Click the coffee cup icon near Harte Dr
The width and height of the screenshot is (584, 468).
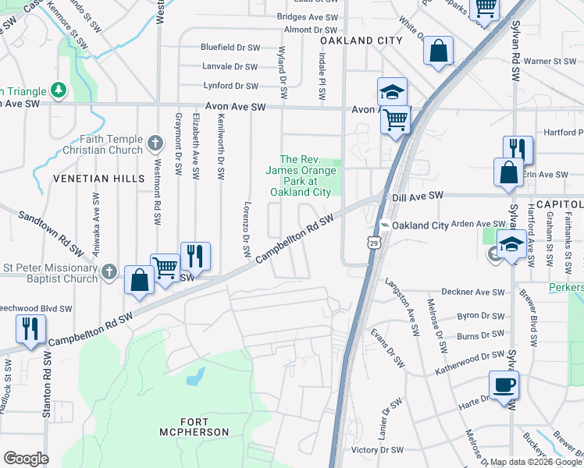(x=504, y=385)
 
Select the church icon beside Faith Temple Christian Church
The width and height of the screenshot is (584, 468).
(x=155, y=143)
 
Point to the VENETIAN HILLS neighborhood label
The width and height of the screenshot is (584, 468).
(x=99, y=179)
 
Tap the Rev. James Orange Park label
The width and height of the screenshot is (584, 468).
(x=301, y=175)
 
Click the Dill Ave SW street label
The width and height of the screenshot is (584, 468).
(x=418, y=196)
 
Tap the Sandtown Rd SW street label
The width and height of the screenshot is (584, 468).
(x=50, y=232)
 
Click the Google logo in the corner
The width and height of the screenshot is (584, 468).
(x=26, y=459)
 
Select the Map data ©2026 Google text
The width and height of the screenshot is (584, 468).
(x=536, y=462)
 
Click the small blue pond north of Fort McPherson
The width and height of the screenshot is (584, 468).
(x=193, y=378)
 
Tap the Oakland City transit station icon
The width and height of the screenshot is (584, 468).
(x=384, y=225)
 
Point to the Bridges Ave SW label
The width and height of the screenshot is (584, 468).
(x=308, y=16)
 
